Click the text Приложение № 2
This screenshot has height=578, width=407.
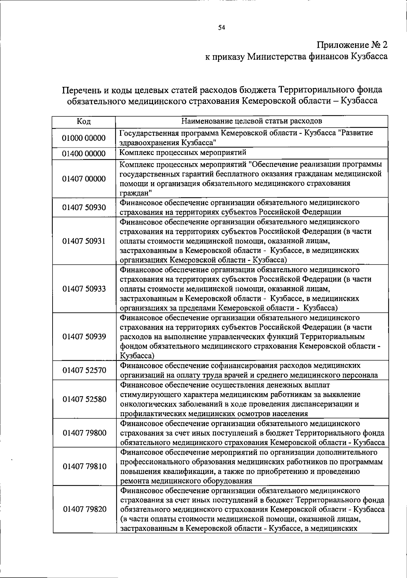[x=352, y=45]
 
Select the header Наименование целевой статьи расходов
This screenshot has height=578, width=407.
[x=252, y=121]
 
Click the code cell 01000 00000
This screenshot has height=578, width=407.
[x=84, y=138]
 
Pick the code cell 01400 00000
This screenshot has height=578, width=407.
[x=84, y=154]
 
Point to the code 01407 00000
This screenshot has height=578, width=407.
[x=84, y=179]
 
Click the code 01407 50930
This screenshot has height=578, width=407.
[x=84, y=207]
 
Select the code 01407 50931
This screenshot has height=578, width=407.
[x=84, y=241]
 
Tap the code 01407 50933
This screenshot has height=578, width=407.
[x=84, y=289]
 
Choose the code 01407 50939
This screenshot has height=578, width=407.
[x=84, y=336]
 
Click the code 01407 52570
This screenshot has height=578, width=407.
[x=84, y=370]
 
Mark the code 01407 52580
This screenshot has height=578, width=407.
[x=84, y=399]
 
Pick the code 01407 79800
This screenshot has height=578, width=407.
[x=84, y=433]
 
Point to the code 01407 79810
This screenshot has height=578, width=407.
[x=84, y=466]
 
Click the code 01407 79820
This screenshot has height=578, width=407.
[x=84, y=509]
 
